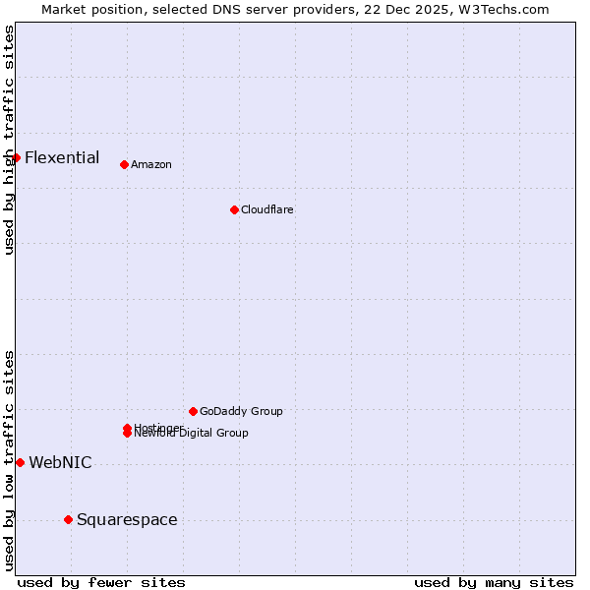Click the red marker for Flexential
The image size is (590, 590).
pyautogui.click(x=16, y=157)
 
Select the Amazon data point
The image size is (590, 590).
pyautogui.click(x=124, y=164)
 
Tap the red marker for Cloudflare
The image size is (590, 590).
pyautogui.click(x=234, y=209)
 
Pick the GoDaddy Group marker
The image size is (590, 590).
pyautogui.click(x=193, y=411)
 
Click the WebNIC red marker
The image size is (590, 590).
pyautogui.click(x=20, y=462)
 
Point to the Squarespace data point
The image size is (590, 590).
pyautogui.click(x=68, y=519)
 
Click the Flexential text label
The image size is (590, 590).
pyautogui.click(x=62, y=157)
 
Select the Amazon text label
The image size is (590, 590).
pyautogui.click(x=151, y=164)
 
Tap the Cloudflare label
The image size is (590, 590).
pyautogui.click(x=267, y=209)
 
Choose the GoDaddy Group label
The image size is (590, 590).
pyautogui.click(x=241, y=411)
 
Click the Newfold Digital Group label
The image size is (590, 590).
pyautogui.click(x=193, y=434)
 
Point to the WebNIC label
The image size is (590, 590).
pyautogui.click(x=61, y=462)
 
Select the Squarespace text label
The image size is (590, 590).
pyautogui.click(x=127, y=519)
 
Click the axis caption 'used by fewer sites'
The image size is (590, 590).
pyautogui.click(x=101, y=582)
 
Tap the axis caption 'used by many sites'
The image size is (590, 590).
pyautogui.click(x=494, y=582)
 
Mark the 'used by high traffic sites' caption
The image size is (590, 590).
pyautogui.click(x=9, y=141)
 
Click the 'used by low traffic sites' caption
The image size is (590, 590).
pyautogui.click(x=9, y=460)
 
